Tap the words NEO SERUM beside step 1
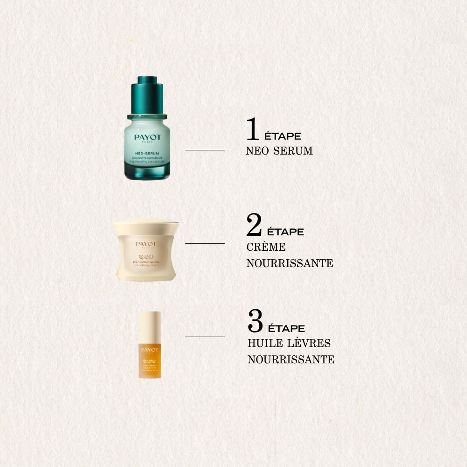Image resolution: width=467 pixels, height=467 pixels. click(279, 151)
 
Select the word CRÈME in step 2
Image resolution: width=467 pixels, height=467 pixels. click(266, 247)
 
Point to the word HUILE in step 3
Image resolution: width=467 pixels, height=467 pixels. click(265, 343)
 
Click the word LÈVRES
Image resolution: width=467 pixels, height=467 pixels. click(309, 343)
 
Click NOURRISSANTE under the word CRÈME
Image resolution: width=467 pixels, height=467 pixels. click(290, 263)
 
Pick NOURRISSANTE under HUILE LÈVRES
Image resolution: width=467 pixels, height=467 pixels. click(291, 360)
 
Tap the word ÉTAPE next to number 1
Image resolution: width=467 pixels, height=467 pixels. click(283, 136)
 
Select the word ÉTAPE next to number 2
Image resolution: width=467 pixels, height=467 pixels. click(285, 232)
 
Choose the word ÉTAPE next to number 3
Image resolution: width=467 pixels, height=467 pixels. click(286, 328)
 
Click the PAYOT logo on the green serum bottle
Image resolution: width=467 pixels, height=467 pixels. click(148, 137)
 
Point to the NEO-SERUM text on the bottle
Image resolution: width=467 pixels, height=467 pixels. click(147, 153)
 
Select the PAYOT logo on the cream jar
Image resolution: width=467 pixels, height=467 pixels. click(146, 244)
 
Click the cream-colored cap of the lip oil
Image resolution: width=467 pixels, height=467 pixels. click(150, 327)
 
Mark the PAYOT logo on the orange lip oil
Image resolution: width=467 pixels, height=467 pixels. click(150, 350)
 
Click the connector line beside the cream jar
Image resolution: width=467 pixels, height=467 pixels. click(205, 243)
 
